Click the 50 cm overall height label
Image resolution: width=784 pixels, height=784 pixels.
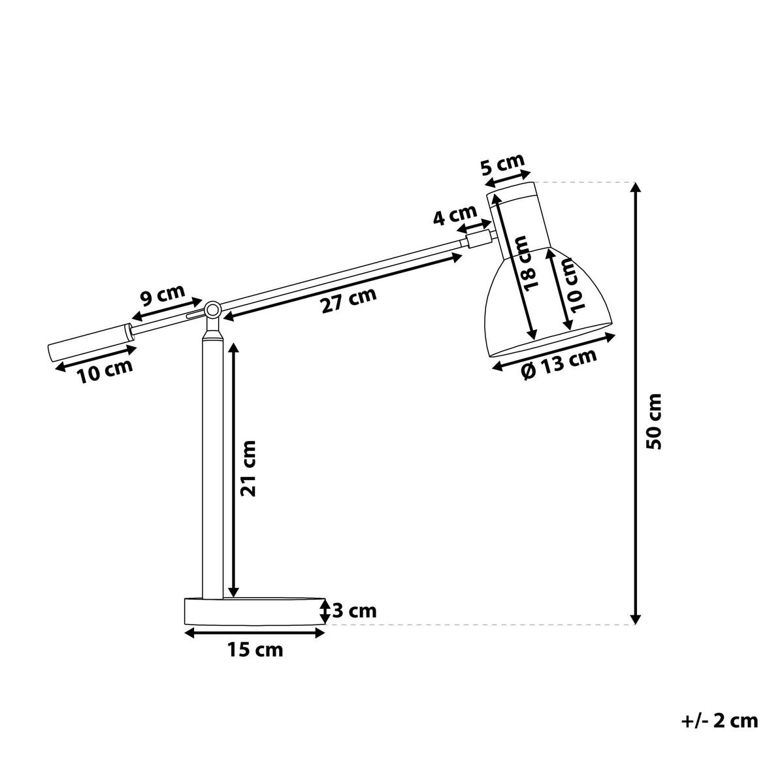pyautogui.click(x=654, y=420)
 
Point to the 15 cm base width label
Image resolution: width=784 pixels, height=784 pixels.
pyautogui.click(x=255, y=650)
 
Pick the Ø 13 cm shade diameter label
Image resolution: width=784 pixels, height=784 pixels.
pyautogui.click(x=560, y=364)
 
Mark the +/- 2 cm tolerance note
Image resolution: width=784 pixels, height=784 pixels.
pyautogui.click(x=719, y=721)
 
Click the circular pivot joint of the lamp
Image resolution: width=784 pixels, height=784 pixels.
pyautogui.click(x=212, y=310)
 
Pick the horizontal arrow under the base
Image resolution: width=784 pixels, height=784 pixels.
pyautogui.click(x=255, y=632)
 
